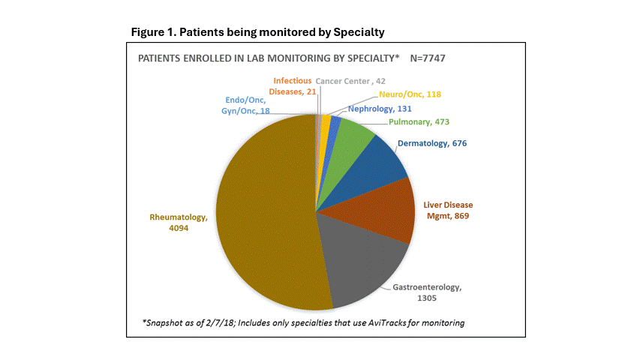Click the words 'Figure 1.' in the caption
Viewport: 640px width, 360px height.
(152, 32)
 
